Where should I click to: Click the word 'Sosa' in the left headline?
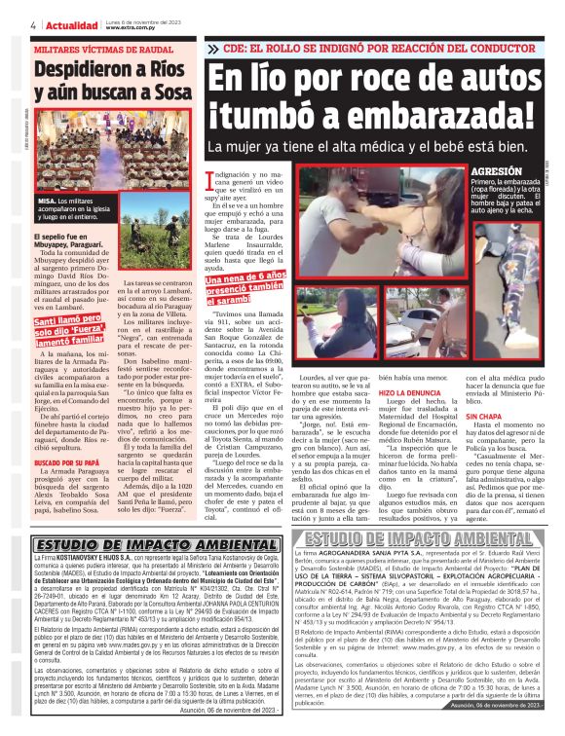pyautogui.click(x=172, y=95)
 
